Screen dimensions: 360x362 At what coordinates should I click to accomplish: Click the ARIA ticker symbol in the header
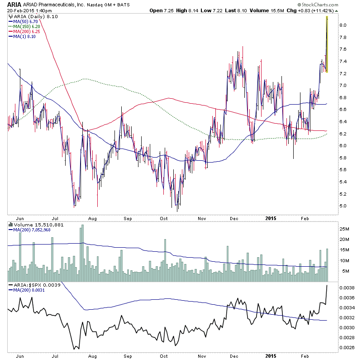pyautogui.click(x=13, y=4)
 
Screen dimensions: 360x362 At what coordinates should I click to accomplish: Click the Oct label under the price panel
pyautogui.click(x=164, y=217)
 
